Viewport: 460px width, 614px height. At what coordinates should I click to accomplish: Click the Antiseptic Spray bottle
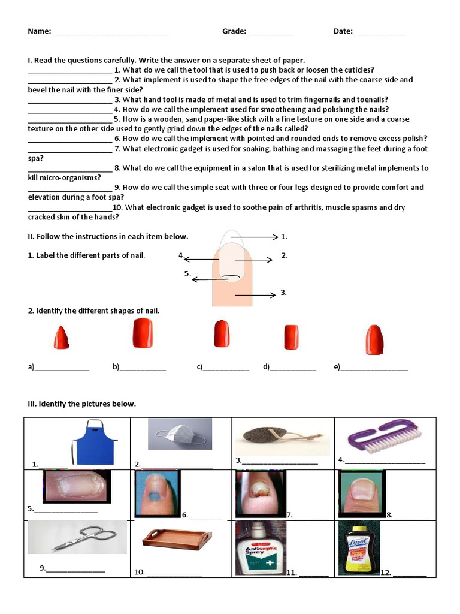(x=260, y=548)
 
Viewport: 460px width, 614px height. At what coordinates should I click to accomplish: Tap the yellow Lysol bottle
(x=359, y=548)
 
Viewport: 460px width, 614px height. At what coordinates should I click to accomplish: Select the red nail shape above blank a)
(x=61, y=338)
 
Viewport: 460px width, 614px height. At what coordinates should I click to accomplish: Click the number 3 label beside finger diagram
(x=283, y=293)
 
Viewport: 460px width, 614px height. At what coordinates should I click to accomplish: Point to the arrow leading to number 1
(x=255, y=237)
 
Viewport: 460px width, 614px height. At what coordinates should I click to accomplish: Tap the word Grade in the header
(x=234, y=31)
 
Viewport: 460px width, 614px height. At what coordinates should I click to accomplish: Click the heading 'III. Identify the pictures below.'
(x=82, y=404)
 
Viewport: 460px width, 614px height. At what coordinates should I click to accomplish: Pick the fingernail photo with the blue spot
(x=154, y=493)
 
